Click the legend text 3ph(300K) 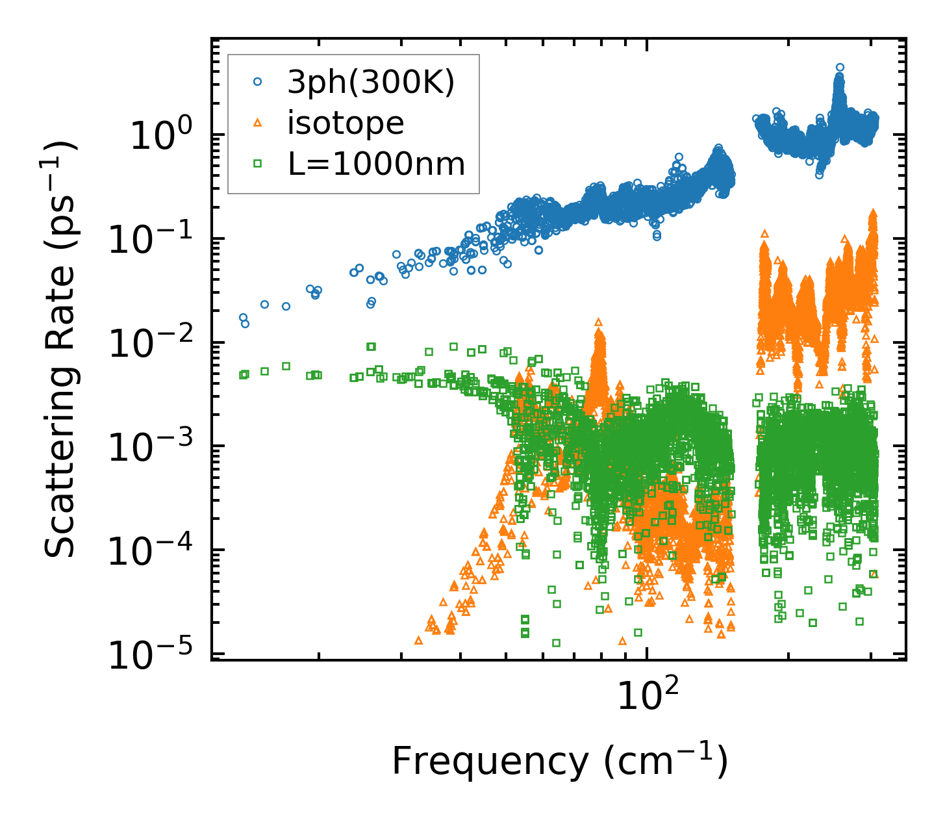tap(372, 83)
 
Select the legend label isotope tap(346, 123)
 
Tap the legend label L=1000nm tap(377, 164)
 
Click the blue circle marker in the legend tap(257, 82)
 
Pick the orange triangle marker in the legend tap(257, 123)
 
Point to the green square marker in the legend tap(257, 164)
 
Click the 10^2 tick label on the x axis tap(647, 696)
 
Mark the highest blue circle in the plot tap(840, 67)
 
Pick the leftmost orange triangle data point tap(418, 640)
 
